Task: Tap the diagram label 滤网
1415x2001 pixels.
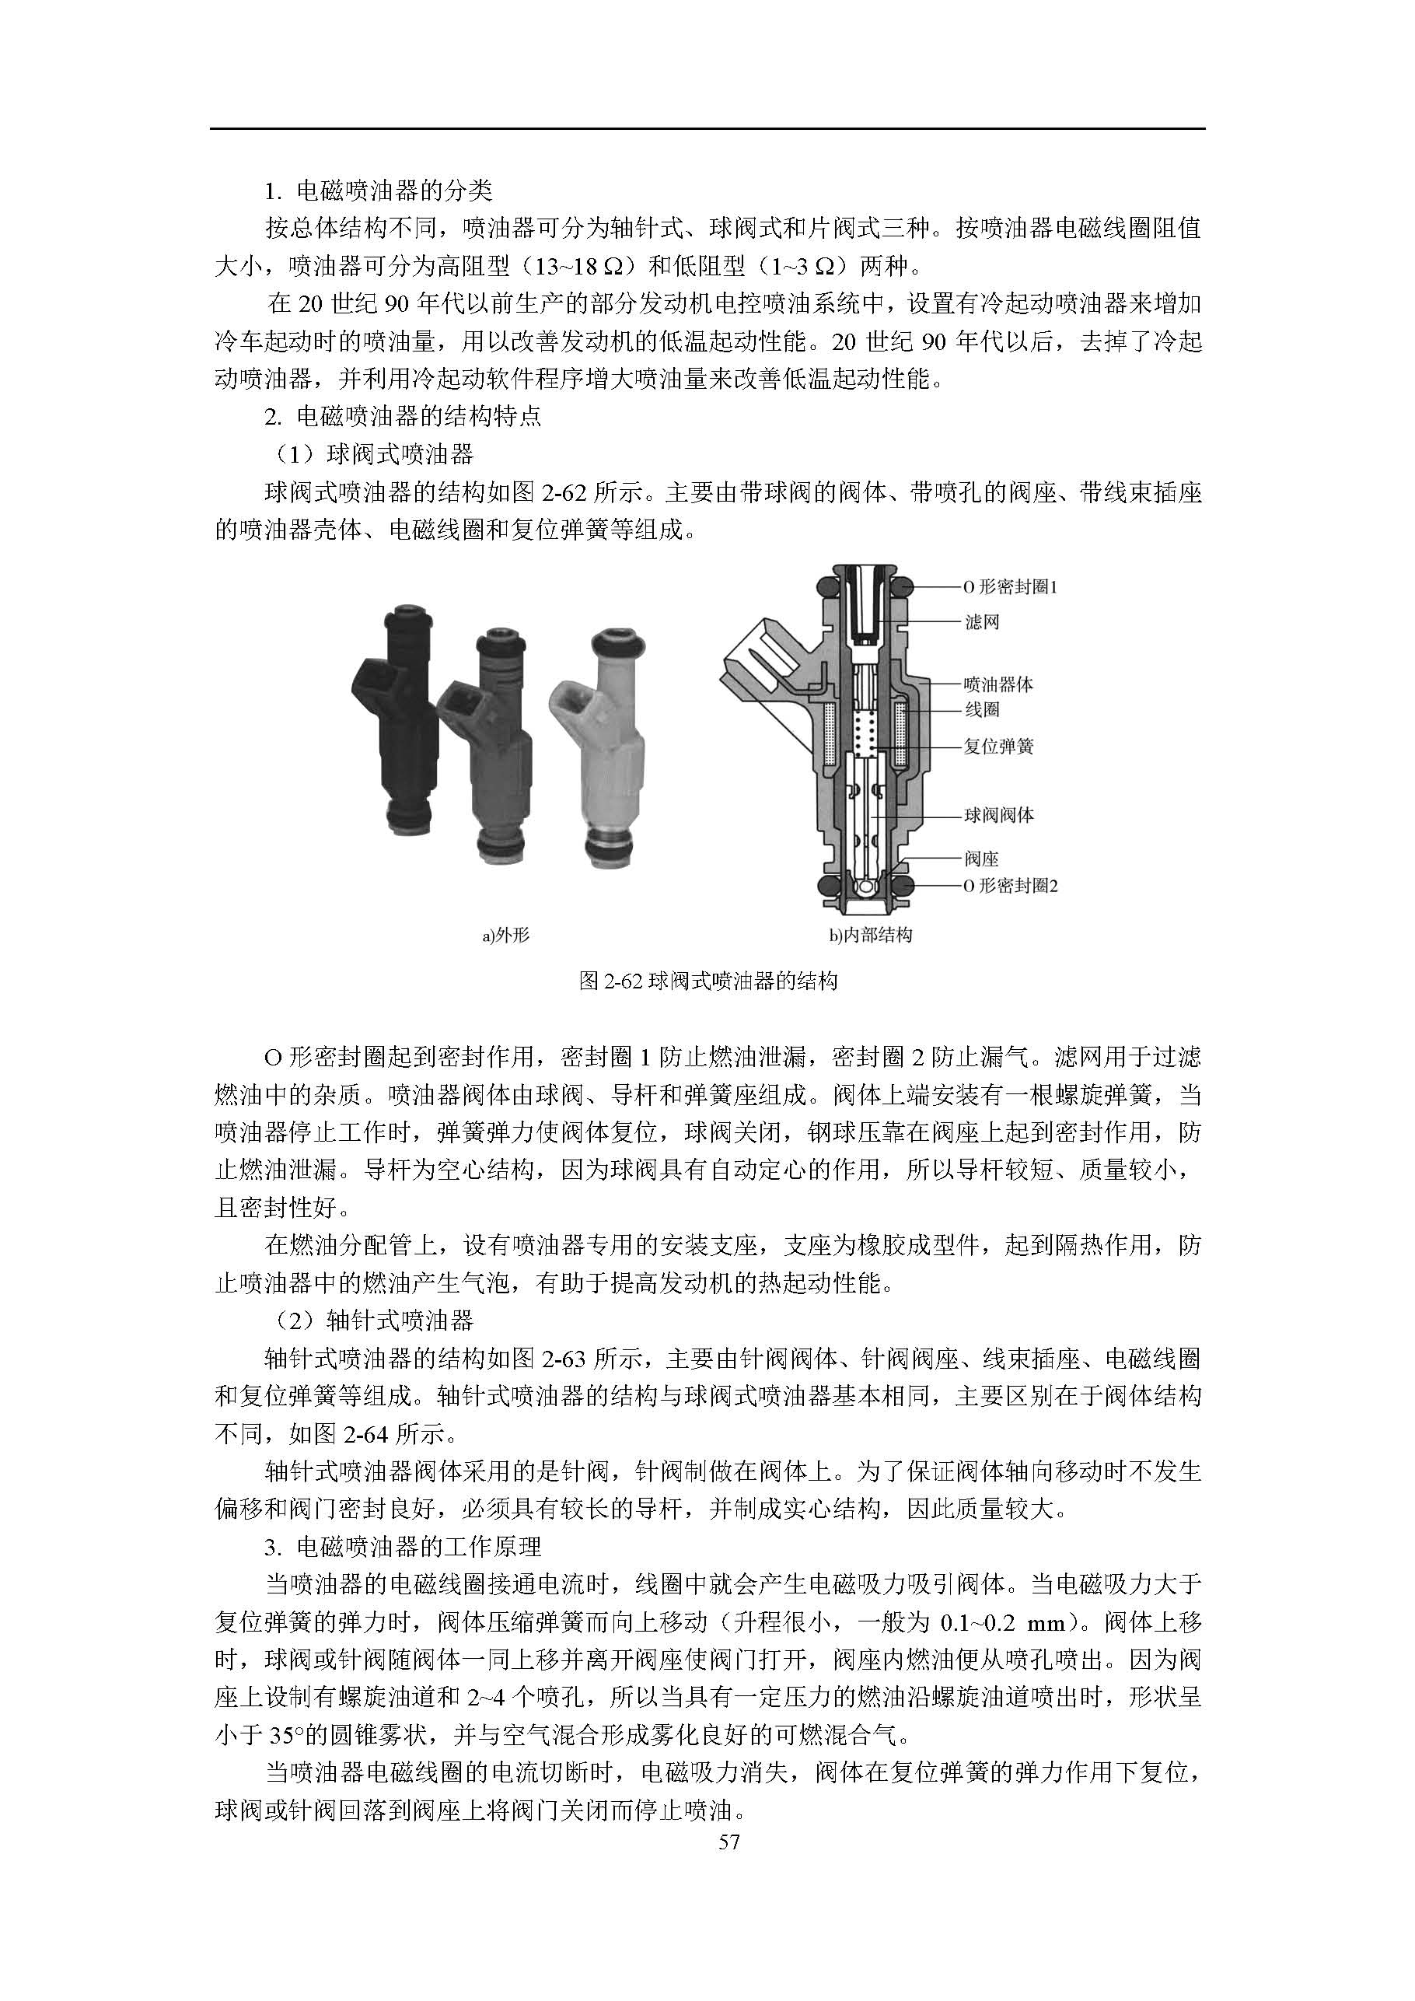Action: [982, 622]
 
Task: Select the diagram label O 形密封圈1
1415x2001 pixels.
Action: [1010, 586]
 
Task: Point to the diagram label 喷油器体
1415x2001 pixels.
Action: [998, 684]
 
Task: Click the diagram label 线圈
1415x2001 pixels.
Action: [982, 709]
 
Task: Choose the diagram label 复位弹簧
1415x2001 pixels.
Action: [998, 746]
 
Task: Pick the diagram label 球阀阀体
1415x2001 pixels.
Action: [998, 816]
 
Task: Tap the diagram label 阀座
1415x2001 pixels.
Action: [982, 859]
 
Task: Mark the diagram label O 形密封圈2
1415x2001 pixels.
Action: [1011, 886]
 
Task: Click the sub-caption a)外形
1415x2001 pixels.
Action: [505, 936]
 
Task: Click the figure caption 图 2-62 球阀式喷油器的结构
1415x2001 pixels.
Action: [707, 981]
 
